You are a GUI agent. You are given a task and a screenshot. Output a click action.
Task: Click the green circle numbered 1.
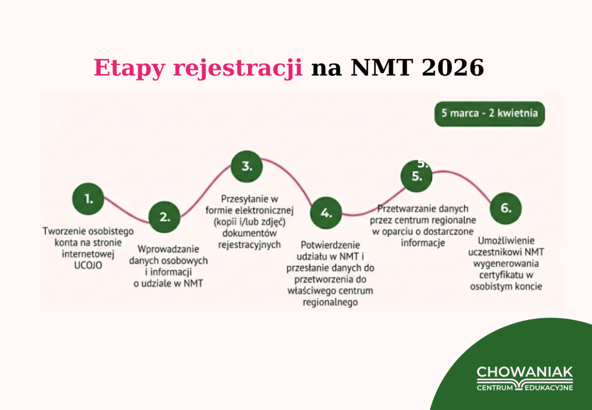(x=88, y=199)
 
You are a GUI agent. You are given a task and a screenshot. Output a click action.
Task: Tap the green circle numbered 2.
(x=164, y=217)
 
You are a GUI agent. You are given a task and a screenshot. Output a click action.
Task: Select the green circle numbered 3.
(x=246, y=166)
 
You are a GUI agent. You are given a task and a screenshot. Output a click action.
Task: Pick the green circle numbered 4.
(x=326, y=213)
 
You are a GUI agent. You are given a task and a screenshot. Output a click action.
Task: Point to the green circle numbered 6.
(x=505, y=209)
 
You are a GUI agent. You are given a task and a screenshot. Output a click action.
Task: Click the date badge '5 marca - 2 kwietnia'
(x=490, y=113)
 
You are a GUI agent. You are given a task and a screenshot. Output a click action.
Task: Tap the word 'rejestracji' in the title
(x=238, y=69)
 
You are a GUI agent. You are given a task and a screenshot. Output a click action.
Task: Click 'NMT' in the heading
(x=383, y=68)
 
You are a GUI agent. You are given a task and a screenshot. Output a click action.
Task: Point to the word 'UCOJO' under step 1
(x=88, y=265)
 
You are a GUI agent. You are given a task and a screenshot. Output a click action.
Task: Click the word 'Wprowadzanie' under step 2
(x=168, y=249)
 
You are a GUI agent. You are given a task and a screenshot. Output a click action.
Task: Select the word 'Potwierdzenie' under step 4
(x=330, y=246)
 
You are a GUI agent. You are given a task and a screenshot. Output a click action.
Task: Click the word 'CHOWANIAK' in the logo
(x=525, y=372)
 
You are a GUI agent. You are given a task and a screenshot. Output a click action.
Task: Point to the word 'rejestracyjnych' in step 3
(x=249, y=244)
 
